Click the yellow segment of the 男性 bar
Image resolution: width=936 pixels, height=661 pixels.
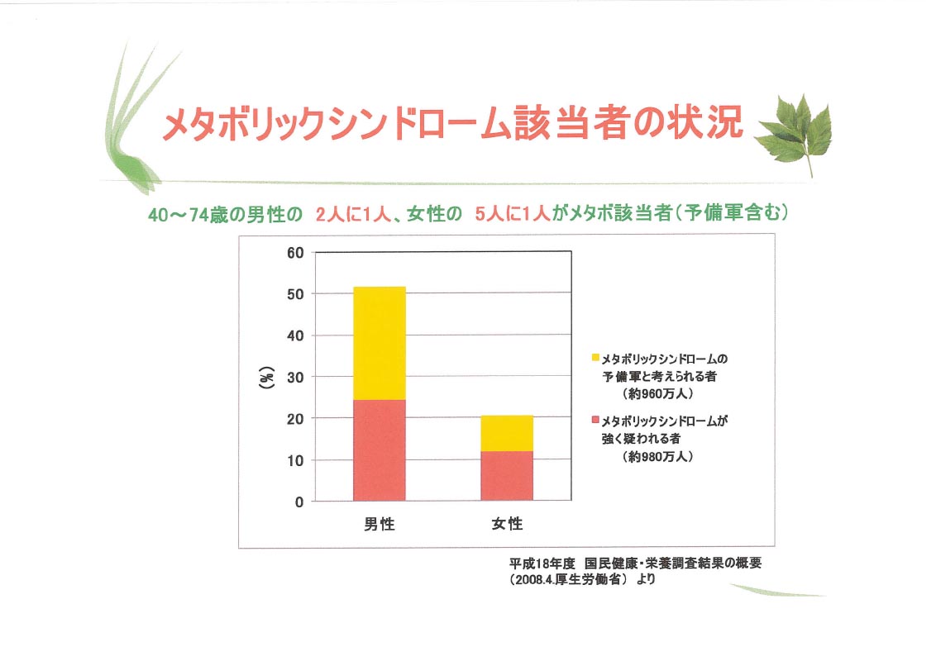380,343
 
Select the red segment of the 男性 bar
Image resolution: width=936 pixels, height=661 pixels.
380,449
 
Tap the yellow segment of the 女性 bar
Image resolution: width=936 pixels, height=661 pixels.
507,433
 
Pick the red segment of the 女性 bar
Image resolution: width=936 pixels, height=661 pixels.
507,475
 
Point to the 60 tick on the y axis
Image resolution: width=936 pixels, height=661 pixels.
295,253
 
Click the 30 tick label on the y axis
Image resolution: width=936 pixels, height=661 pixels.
295,378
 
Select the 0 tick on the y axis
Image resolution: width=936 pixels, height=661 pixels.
299,502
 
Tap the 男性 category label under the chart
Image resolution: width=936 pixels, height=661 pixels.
380,524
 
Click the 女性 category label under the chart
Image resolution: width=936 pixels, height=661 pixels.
507,524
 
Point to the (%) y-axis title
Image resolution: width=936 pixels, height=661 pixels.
267,378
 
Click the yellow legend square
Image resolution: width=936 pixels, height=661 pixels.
595,357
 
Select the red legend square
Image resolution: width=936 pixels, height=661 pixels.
595,420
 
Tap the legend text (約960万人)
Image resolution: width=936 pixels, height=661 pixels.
657,394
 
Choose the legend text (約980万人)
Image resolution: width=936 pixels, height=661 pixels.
657,457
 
